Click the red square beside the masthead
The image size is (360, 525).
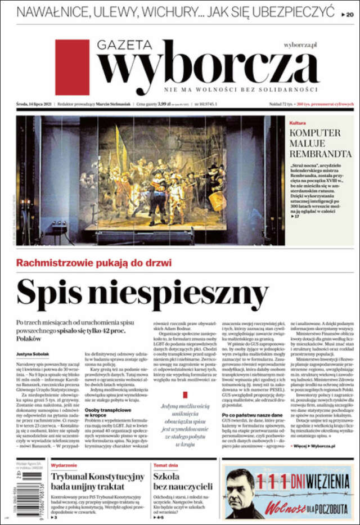72,67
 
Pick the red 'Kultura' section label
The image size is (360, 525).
298,123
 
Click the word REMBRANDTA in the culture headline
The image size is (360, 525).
321,153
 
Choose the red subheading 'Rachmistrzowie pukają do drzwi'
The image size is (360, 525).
94,263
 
